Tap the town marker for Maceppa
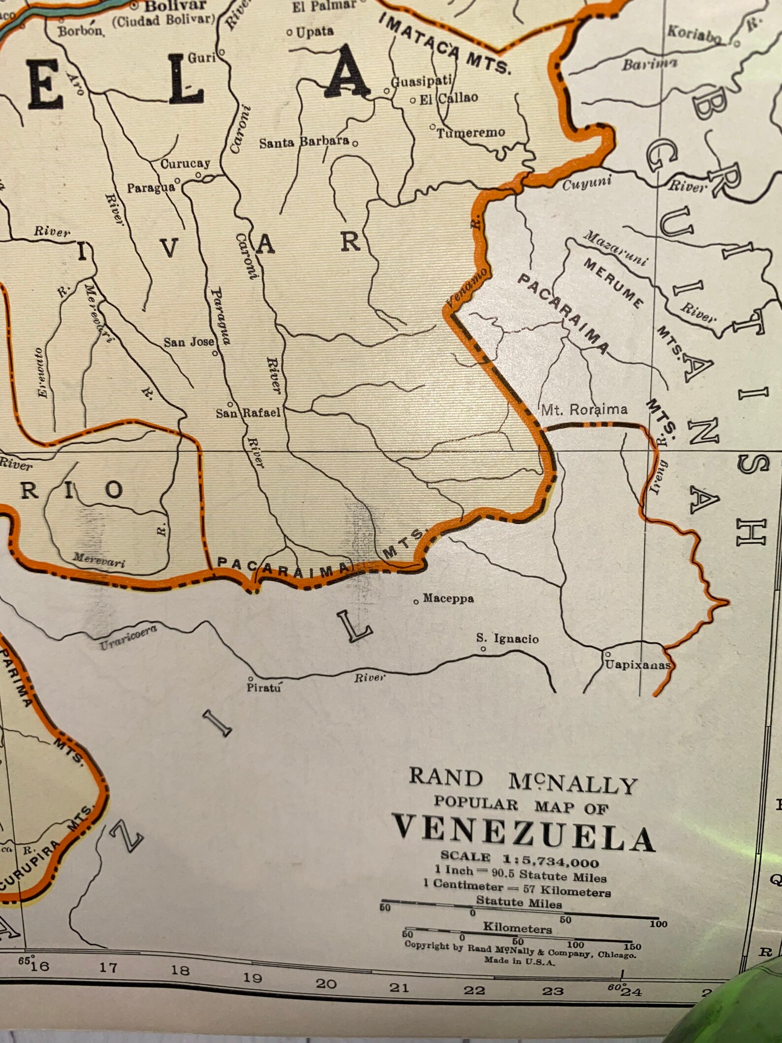pyautogui.click(x=417, y=601)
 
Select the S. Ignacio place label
pyautogui.click(x=507, y=639)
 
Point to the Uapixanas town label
pyautogui.click(x=637, y=665)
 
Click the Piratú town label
pyautogui.click(x=264, y=687)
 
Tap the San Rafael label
pyautogui.click(x=248, y=413)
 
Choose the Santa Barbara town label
pyautogui.click(x=304, y=143)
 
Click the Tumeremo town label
pyautogui.click(x=471, y=133)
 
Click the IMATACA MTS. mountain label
pyautogui.click(x=446, y=44)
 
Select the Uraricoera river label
pyautogui.click(x=128, y=638)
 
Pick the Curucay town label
pyautogui.click(x=185, y=164)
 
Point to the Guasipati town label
pyautogui.click(x=421, y=81)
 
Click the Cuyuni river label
pyautogui.click(x=586, y=184)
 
